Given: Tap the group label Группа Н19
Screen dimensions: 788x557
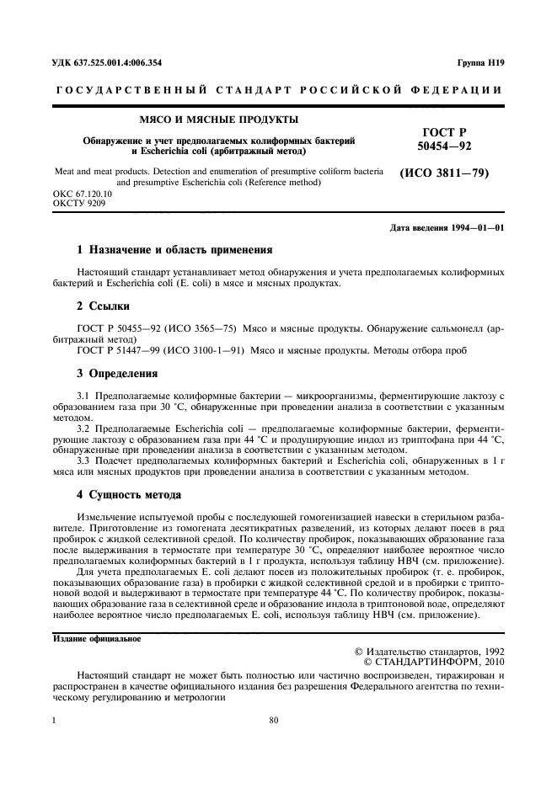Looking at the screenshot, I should (x=480, y=62).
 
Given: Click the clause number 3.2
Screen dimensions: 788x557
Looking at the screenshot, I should (x=85, y=428).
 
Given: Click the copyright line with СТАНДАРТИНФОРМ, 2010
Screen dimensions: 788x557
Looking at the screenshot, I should (x=433, y=662).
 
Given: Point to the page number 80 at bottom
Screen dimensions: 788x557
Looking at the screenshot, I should (x=273, y=719).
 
